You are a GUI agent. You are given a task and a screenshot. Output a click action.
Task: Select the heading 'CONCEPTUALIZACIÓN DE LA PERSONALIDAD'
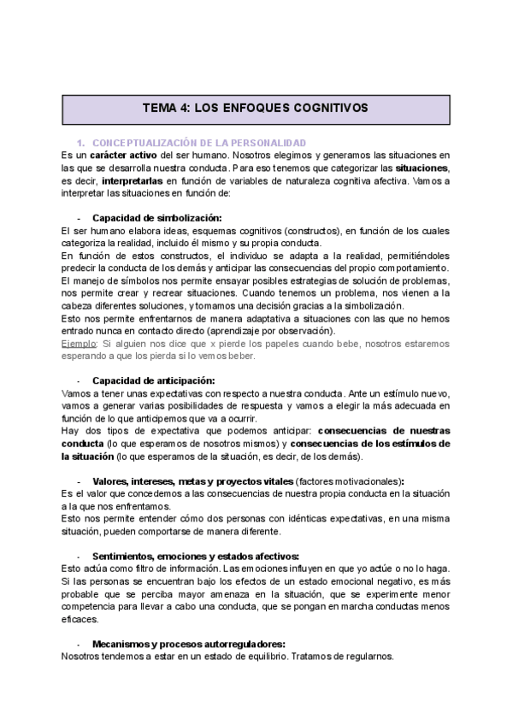(x=198, y=142)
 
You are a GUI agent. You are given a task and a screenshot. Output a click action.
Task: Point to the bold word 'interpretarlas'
(x=135, y=181)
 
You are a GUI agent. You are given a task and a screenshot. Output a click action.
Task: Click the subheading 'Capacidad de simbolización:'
(x=156, y=218)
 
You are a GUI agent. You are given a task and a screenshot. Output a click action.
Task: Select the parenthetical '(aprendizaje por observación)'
(x=271, y=331)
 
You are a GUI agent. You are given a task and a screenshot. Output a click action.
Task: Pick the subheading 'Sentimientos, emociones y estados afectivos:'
(x=195, y=556)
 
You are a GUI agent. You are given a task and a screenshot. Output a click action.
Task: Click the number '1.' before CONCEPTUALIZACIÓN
(x=82, y=142)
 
